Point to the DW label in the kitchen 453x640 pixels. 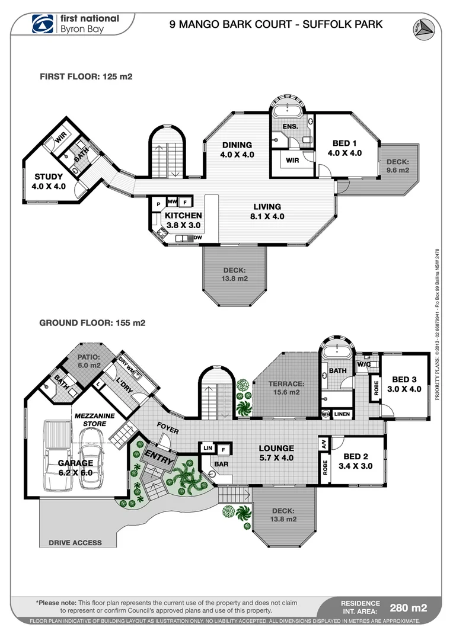(x=198, y=238)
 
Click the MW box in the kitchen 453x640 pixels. (x=172, y=201)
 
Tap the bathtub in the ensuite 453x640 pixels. (x=287, y=110)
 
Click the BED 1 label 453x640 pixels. (x=344, y=148)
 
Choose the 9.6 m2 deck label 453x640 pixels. (x=398, y=166)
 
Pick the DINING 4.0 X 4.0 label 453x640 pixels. (x=237, y=149)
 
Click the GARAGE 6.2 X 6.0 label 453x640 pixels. (x=75, y=468)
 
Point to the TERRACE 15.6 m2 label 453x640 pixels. (x=286, y=388)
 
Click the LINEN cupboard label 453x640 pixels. (x=342, y=414)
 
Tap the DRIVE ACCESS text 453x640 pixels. (x=75, y=543)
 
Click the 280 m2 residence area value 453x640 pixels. (x=407, y=607)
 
